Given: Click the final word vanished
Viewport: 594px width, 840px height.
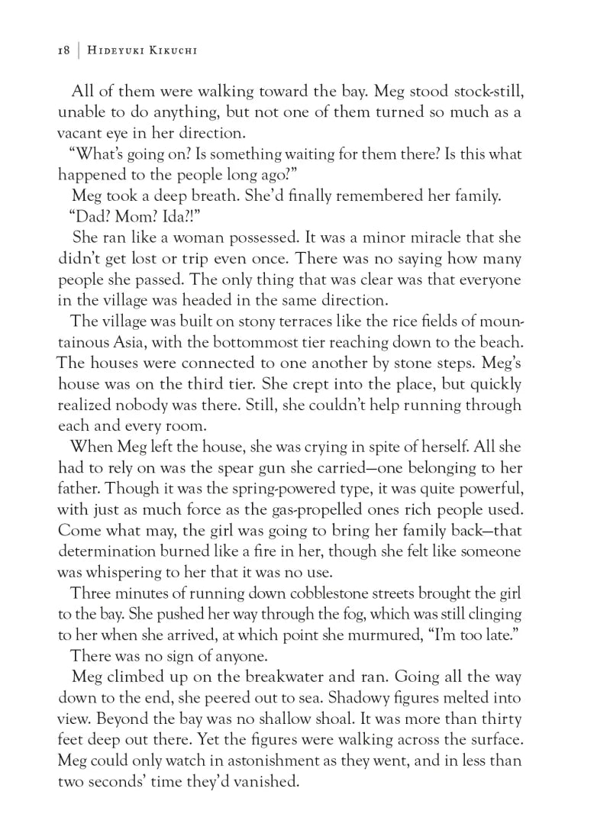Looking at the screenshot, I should point(258,778).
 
